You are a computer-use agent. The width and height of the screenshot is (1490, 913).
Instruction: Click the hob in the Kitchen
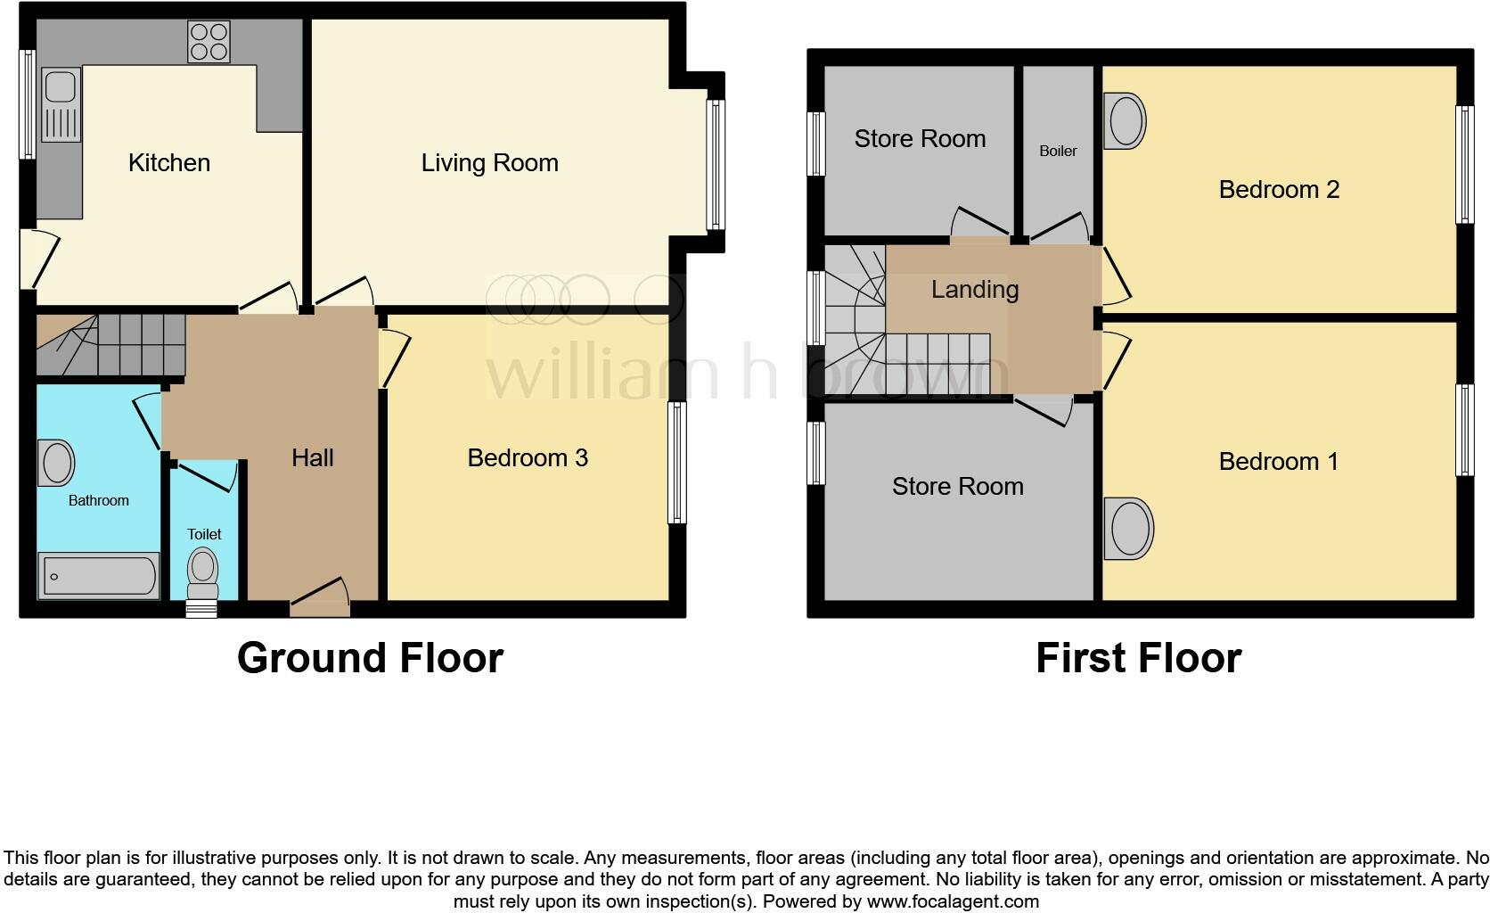tap(209, 42)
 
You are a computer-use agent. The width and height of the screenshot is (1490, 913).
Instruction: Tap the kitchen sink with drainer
tap(61, 108)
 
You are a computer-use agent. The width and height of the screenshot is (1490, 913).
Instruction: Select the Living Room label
tap(489, 163)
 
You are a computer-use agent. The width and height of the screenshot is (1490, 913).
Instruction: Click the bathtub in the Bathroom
tap(98, 576)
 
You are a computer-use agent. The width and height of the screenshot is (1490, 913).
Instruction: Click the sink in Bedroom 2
tap(1125, 121)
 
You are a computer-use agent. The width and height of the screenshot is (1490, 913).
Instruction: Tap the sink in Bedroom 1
tap(1128, 529)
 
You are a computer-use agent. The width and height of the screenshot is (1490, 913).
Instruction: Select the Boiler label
tap(1058, 152)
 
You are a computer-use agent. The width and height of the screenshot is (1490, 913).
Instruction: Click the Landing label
tap(974, 290)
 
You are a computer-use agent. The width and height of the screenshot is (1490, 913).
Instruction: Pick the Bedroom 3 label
tap(527, 458)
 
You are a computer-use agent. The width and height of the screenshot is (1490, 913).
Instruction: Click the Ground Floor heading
tap(370, 658)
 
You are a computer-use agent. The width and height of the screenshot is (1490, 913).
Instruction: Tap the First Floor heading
tap(1138, 658)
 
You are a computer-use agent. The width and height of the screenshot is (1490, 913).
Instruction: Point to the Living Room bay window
tap(714, 164)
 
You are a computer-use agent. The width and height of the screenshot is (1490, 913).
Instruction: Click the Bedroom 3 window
tap(677, 462)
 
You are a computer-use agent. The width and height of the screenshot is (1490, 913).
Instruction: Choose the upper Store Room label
tap(920, 139)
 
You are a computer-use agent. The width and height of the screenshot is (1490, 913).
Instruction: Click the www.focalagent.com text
tap(953, 901)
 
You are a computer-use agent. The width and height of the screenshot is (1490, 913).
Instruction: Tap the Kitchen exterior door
tap(36, 259)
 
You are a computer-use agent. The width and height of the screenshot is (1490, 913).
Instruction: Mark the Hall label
tap(312, 458)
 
